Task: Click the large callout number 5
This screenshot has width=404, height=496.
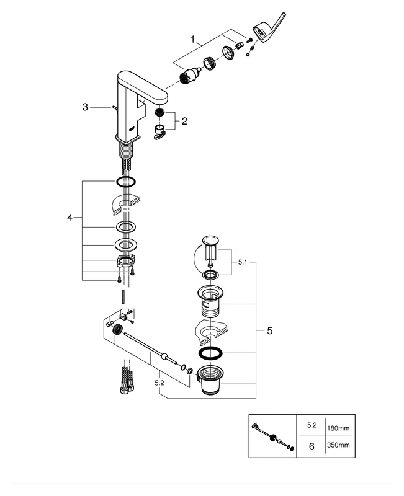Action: [269, 330]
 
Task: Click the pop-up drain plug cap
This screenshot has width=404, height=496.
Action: [210, 239]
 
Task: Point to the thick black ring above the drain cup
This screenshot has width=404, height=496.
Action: [209, 353]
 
